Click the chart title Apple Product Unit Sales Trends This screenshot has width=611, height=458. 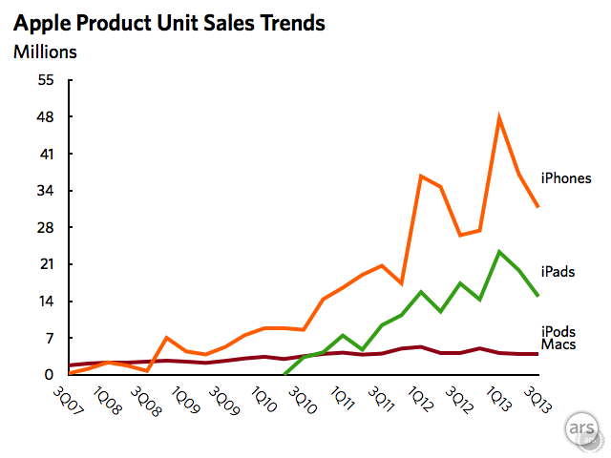point(169,22)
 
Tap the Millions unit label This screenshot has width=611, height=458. point(45,52)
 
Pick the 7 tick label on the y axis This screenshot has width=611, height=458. point(52,339)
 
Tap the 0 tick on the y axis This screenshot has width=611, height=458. point(52,375)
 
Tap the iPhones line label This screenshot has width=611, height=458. point(566,177)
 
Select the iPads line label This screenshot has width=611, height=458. point(558,272)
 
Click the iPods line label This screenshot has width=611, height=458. point(558,330)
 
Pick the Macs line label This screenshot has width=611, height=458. point(558,343)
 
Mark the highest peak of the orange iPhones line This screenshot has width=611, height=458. point(499,117)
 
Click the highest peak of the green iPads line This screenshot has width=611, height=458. point(499,251)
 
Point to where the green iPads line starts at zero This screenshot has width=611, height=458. point(285,374)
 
